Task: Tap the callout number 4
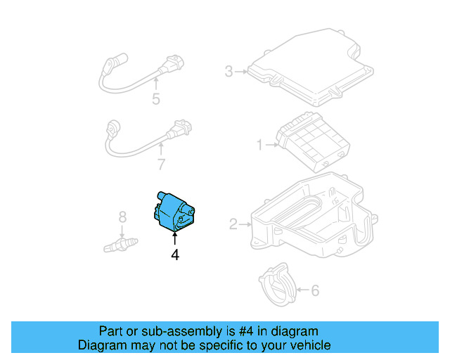(174, 256)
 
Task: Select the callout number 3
(229, 71)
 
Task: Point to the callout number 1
(259, 146)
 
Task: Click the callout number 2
(233, 225)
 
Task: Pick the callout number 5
(155, 99)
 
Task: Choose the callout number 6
(315, 289)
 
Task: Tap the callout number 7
(161, 165)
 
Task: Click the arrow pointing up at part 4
(174, 240)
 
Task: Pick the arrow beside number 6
(303, 289)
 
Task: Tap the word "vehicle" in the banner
(309, 345)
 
